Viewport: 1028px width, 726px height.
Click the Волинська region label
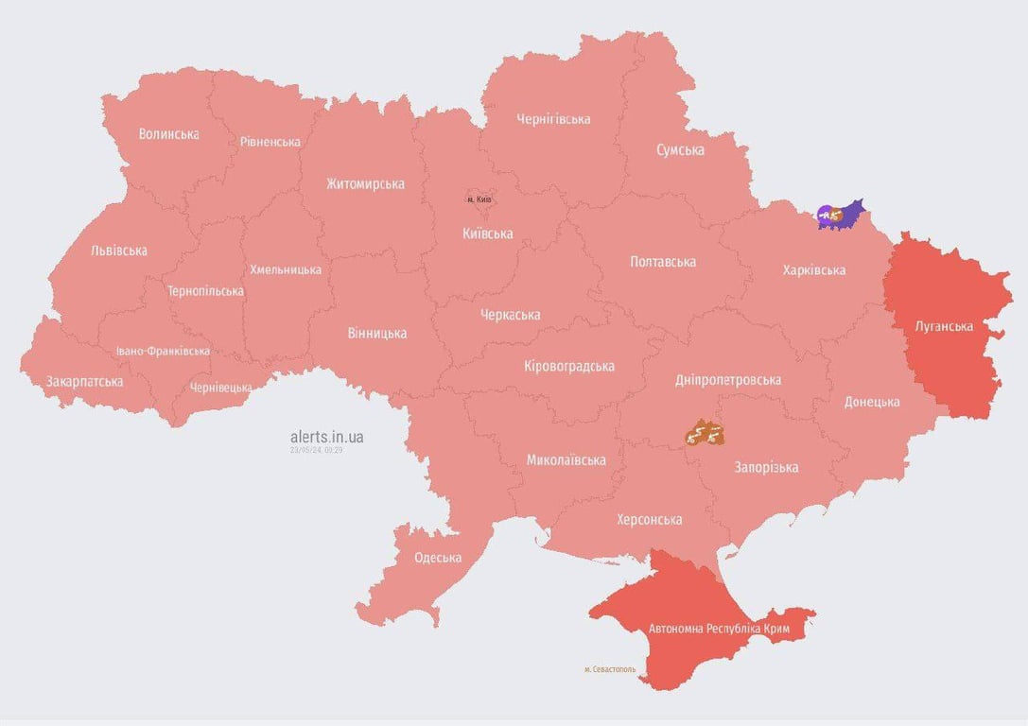click(x=168, y=134)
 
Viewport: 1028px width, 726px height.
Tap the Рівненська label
click(x=270, y=142)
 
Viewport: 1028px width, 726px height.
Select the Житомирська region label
click(x=365, y=183)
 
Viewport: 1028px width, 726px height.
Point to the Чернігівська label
click(x=553, y=119)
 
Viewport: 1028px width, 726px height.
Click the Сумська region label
click(x=680, y=150)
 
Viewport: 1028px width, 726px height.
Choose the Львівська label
click(x=118, y=251)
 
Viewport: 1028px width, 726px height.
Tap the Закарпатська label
click(x=84, y=382)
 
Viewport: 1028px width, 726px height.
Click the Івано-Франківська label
click(x=163, y=351)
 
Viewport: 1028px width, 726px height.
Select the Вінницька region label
click(x=376, y=333)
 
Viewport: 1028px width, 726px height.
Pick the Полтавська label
click(x=663, y=262)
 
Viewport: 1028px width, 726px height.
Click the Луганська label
click(x=944, y=327)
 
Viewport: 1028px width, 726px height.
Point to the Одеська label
click(x=438, y=558)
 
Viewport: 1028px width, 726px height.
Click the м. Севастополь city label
click(x=610, y=669)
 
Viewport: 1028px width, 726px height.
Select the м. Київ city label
click(x=479, y=199)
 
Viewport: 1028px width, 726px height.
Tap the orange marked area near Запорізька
click(x=705, y=433)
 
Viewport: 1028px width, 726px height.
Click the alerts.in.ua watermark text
click(x=326, y=437)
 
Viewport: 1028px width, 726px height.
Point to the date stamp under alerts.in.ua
click(x=316, y=450)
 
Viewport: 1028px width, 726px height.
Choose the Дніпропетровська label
click(x=728, y=380)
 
